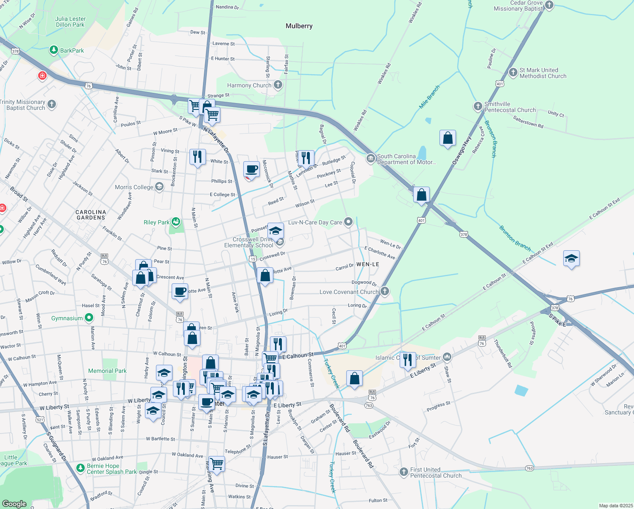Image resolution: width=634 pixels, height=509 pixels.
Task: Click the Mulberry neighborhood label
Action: click(x=299, y=26)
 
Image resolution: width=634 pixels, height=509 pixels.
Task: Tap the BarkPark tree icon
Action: click(x=53, y=50)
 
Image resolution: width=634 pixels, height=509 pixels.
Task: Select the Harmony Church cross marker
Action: click(x=278, y=85)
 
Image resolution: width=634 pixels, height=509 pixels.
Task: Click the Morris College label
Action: click(x=134, y=187)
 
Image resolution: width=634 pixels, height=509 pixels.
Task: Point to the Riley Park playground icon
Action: click(x=176, y=222)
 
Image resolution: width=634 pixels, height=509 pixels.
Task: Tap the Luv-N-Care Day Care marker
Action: click(x=348, y=222)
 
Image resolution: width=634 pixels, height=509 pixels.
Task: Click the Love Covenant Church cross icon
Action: click(x=384, y=291)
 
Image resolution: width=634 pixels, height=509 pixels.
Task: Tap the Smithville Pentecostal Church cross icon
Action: click(x=478, y=106)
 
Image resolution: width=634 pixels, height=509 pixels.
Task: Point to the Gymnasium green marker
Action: click(x=89, y=318)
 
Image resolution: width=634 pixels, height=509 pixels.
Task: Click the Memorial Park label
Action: click(x=107, y=371)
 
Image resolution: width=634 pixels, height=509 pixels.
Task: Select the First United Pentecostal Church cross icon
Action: click(x=404, y=472)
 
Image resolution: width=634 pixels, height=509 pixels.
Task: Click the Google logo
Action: click(x=14, y=503)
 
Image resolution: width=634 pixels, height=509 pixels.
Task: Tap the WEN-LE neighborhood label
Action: click(x=367, y=264)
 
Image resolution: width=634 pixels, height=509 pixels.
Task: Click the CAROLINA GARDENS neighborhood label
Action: click(x=91, y=215)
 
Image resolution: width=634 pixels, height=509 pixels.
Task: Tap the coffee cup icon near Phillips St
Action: click(x=251, y=169)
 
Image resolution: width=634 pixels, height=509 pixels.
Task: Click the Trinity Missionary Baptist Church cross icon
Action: click(x=52, y=104)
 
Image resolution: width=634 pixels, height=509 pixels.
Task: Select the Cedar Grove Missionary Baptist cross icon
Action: click(x=549, y=6)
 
